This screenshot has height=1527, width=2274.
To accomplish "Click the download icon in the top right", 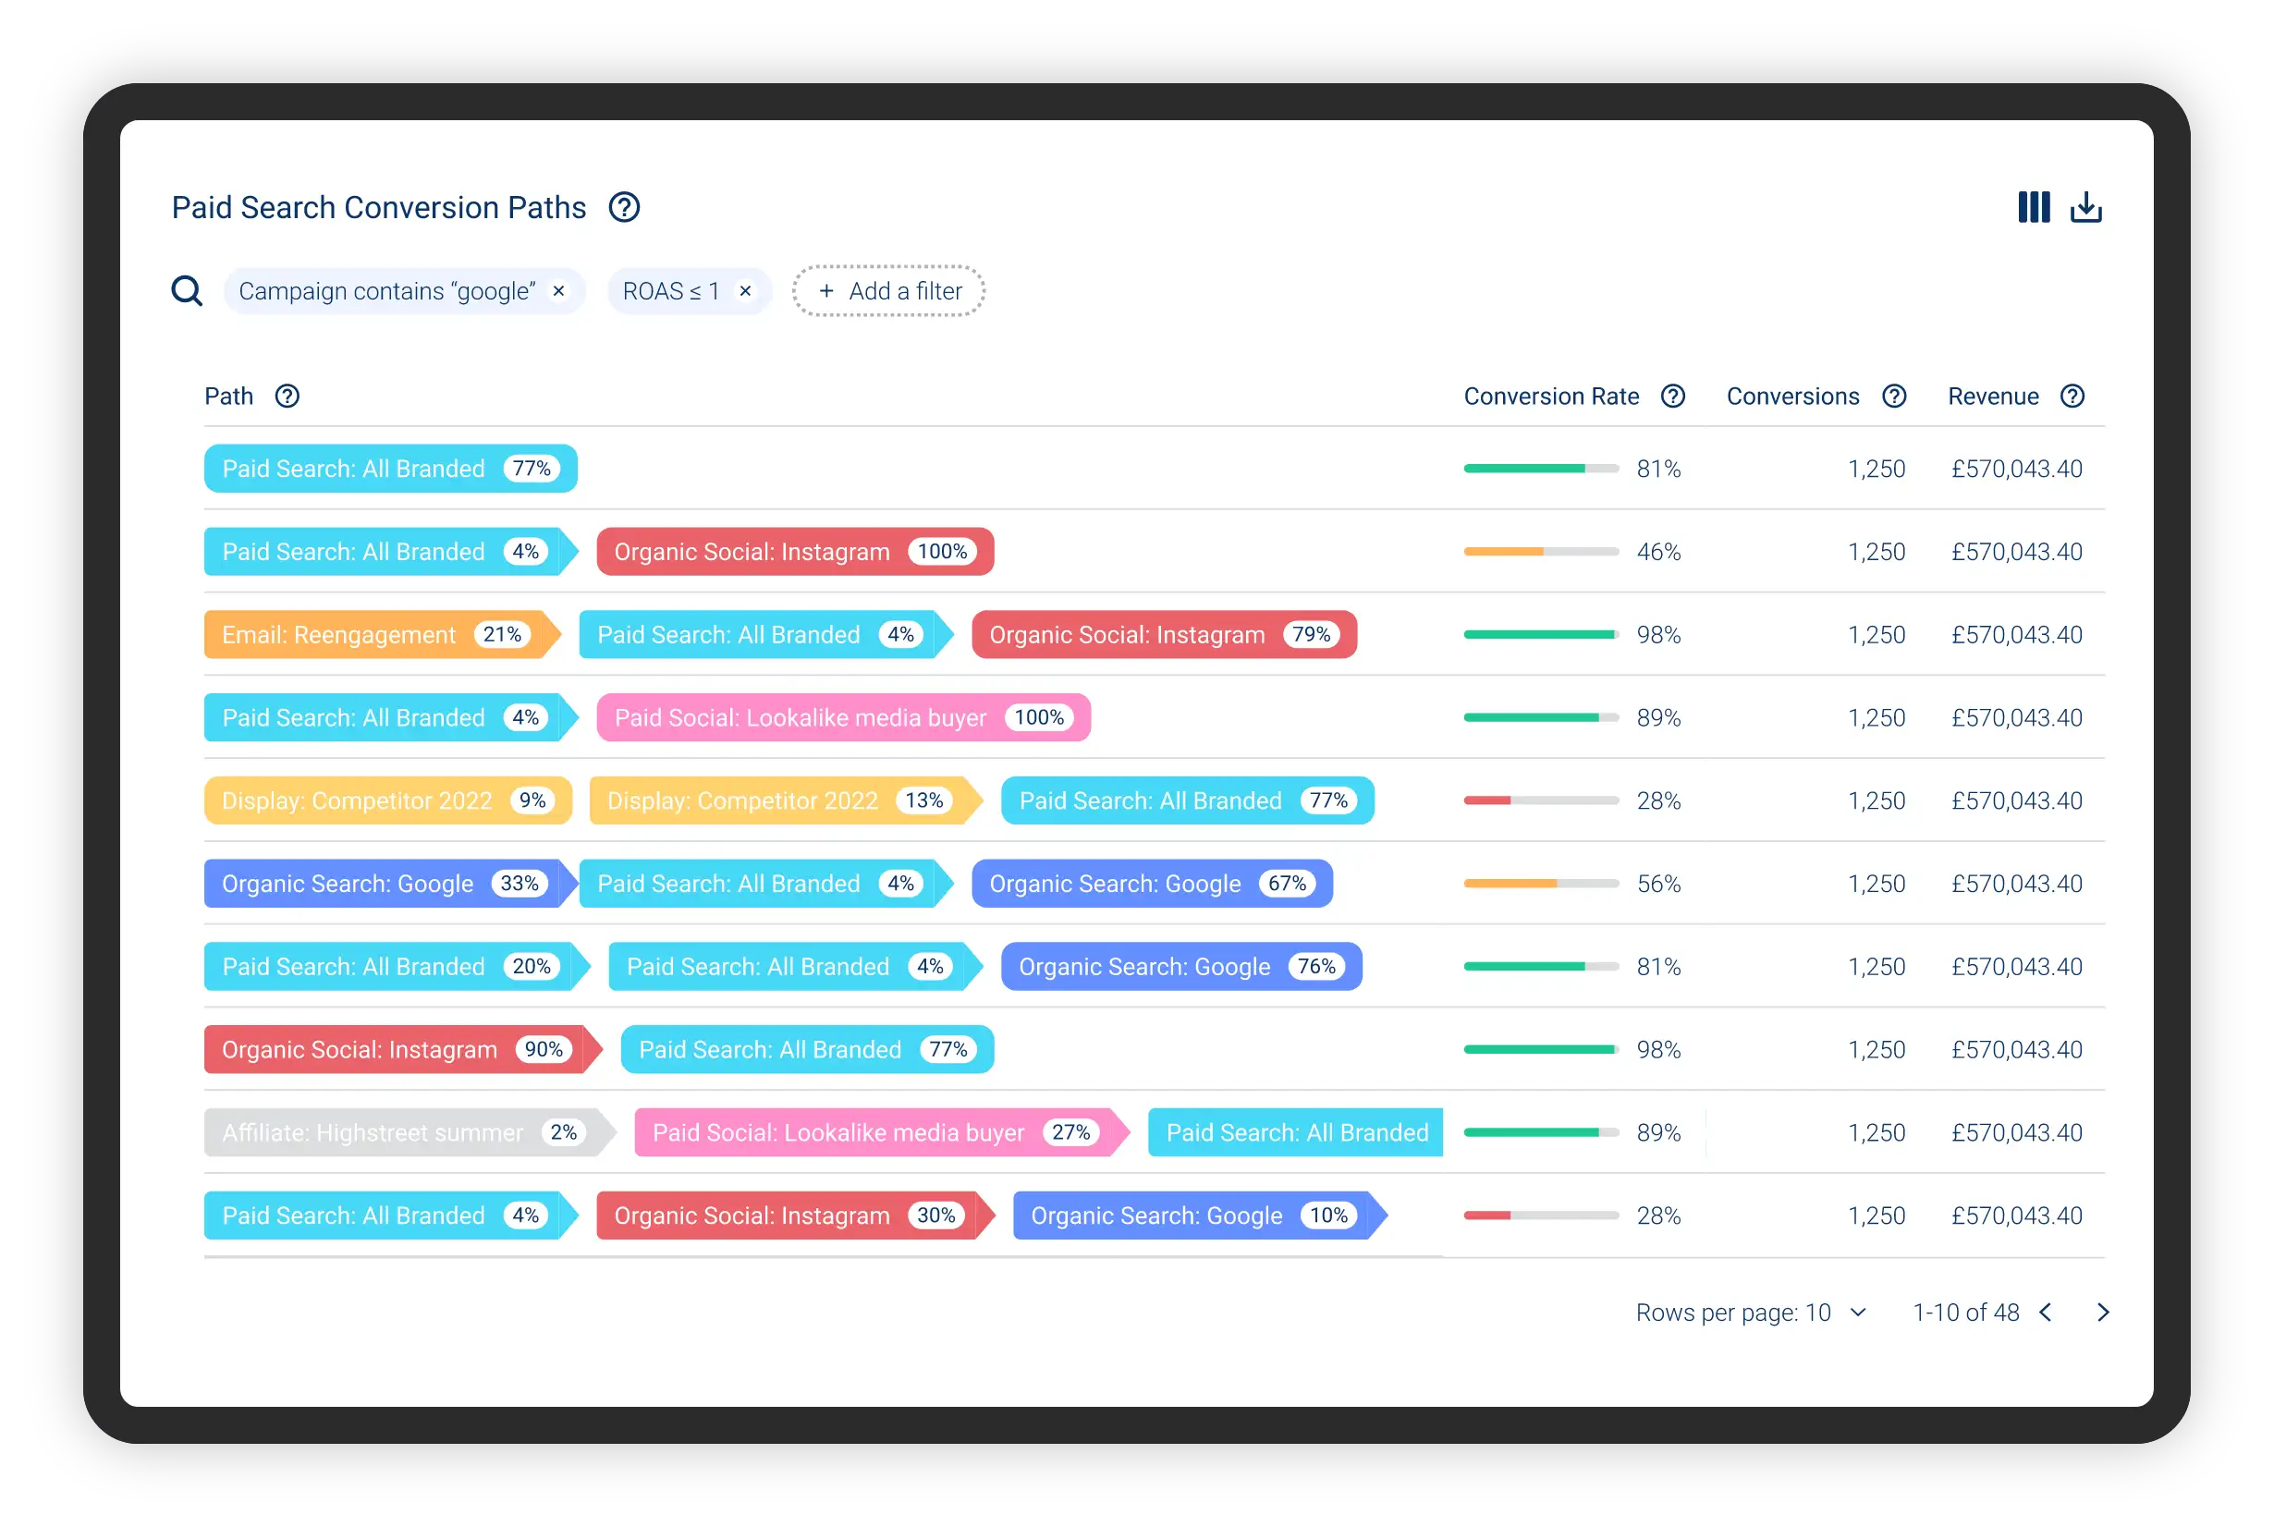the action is coord(2085,207).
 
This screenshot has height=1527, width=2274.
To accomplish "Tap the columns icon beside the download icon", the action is coord(2034,207).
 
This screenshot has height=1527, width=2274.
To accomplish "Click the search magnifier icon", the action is coord(187,291).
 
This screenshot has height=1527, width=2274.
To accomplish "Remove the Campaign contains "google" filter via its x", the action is coord(559,291).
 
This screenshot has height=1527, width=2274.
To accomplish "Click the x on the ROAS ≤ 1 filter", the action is coord(745,291).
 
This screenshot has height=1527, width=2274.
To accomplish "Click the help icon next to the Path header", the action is coord(287,397).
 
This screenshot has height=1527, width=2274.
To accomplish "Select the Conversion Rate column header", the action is coord(1551,397).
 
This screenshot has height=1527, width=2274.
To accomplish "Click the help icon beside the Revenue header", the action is coord(2072,397).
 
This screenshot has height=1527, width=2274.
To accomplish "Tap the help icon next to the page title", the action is coord(624,207).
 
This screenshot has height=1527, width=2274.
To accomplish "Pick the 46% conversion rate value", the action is coord(1658,552).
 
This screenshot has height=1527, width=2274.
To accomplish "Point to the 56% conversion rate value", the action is coord(1658,885).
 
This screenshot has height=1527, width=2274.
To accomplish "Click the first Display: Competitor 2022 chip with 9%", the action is coord(387,800).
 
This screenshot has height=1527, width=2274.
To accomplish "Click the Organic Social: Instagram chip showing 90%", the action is coord(403,1050).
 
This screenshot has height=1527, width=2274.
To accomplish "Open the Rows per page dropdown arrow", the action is coord(1858,1313).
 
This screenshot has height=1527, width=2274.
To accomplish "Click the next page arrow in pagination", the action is coord(2104,1313).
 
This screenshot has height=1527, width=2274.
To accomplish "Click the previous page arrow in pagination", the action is coord(2045,1313).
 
